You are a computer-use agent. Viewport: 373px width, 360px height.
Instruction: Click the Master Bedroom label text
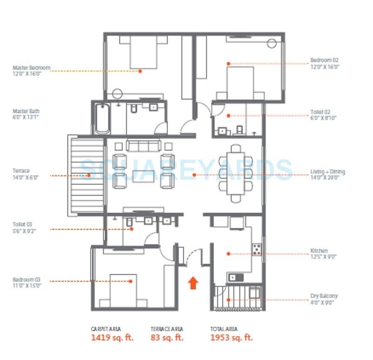click(x=31, y=68)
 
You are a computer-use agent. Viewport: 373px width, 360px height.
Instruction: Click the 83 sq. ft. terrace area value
click(x=166, y=338)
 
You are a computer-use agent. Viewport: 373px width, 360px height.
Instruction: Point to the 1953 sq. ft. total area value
click(x=231, y=338)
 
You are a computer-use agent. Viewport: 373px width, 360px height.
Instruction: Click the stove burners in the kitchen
click(x=256, y=250)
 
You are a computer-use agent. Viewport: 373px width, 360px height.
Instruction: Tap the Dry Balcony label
click(x=324, y=296)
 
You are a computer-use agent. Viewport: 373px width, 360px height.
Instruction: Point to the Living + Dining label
click(x=328, y=172)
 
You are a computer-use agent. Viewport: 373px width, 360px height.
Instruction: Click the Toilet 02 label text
click(x=320, y=112)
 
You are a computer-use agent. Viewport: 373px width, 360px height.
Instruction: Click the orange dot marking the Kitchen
click(x=228, y=254)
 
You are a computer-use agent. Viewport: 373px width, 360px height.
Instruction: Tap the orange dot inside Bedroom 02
click(x=228, y=63)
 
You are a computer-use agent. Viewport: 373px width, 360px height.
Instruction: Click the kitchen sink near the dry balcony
click(x=235, y=278)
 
